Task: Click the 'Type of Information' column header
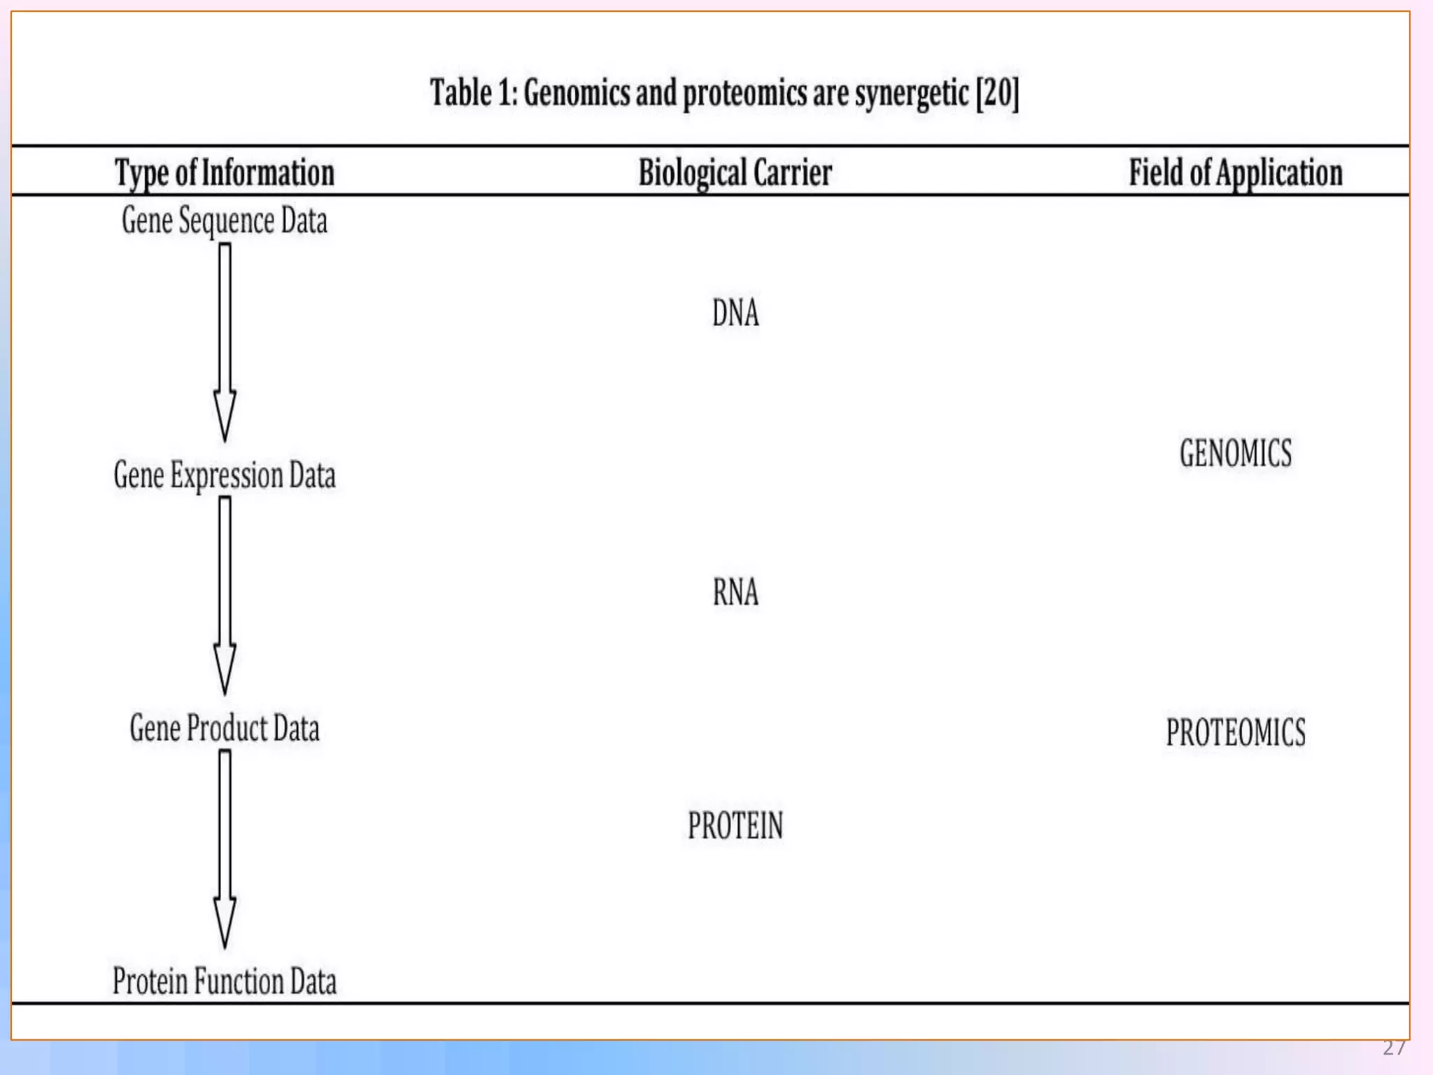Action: coord(225,173)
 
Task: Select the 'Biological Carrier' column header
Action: coord(735,173)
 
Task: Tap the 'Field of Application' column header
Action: coord(1236,173)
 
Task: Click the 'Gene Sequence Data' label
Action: coord(225,221)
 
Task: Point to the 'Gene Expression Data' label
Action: coord(225,476)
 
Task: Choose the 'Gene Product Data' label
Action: coord(225,729)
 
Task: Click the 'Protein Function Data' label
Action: coord(225,981)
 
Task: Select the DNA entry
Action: coord(735,313)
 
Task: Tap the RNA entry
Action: coord(735,592)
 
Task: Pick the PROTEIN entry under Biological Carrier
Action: coord(735,826)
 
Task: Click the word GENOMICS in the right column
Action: coord(1236,454)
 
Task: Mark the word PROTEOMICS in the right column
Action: coord(1236,733)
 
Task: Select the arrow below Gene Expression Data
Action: coord(225,595)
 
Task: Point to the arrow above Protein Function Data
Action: coord(225,848)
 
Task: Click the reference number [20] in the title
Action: coord(997,93)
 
